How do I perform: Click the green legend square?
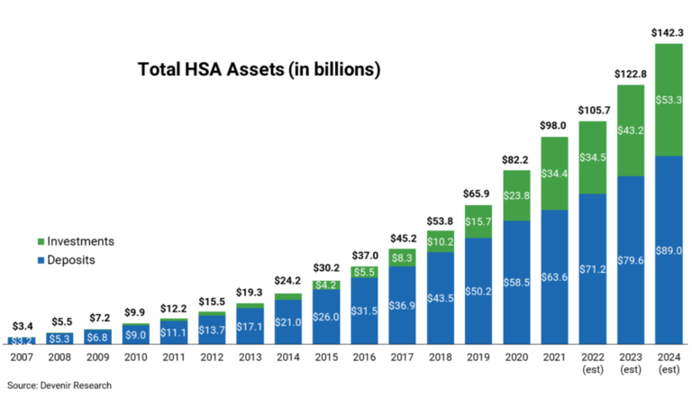[41, 241]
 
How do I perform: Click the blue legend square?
[41, 260]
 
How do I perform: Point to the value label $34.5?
[593, 158]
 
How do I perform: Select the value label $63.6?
[555, 277]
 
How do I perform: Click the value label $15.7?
[478, 221]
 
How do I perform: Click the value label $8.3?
[403, 258]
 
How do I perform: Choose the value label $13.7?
[212, 330]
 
